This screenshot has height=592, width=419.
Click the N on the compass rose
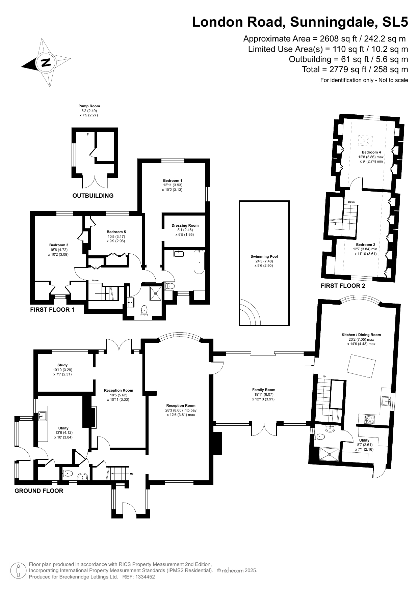(46, 63)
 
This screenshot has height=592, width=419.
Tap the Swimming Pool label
(264, 256)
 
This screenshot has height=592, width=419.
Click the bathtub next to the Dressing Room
(199, 262)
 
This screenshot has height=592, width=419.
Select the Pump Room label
(89, 106)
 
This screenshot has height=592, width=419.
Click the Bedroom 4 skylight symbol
(365, 140)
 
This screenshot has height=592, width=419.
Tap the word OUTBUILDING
(93, 196)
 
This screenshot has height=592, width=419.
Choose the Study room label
(62, 365)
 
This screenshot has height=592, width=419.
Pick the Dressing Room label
(185, 225)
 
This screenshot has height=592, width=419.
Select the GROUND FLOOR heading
(39, 491)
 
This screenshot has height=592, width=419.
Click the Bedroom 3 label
(59, 245)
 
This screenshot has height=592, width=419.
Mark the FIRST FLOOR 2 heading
(343, 286)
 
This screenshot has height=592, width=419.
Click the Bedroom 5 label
(116, 232)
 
